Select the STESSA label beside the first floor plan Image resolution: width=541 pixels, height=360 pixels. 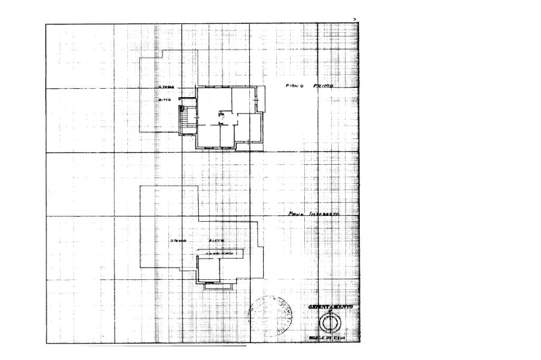pos(166,88)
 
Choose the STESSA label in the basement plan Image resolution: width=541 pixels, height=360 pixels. pos(180,241)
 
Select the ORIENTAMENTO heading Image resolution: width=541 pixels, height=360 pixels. pos(331,307)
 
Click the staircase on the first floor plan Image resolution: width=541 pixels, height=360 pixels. pos(184,121)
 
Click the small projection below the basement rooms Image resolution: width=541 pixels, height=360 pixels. pos(217,285)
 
